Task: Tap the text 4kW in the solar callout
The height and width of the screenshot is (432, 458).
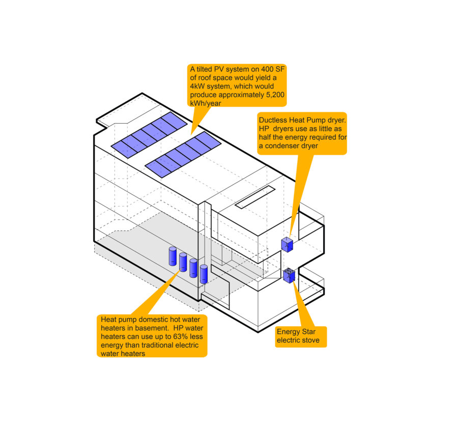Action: pos(197,87)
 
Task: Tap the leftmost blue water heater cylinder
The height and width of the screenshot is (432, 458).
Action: pos(173,256)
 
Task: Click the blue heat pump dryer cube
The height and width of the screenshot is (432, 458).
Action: pos(288,245)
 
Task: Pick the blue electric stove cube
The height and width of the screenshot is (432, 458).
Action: pos(289,275)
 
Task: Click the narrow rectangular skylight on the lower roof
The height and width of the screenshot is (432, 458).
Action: pos(255,197)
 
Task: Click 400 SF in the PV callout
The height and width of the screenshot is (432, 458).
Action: pos(272,70)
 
